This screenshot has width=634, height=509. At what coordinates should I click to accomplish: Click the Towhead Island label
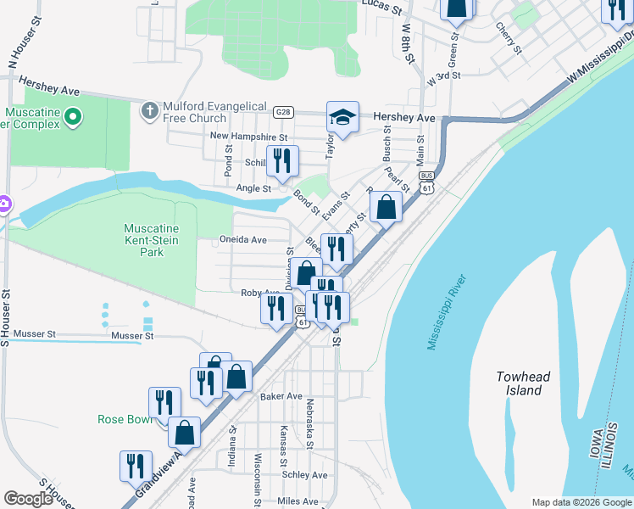point(519,383)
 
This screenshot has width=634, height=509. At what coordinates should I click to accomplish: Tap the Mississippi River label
point(448,311)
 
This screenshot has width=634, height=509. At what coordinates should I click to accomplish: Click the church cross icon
point(150,110)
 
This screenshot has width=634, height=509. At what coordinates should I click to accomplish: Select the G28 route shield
point(284,112)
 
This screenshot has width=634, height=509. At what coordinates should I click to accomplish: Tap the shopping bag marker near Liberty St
point(386,207)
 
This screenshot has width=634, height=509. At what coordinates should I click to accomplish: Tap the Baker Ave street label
point(281,396)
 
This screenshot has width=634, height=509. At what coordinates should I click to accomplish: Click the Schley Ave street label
point(306,475)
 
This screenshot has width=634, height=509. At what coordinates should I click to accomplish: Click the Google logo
point(29,499)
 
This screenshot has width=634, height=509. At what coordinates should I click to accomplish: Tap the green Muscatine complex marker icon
point(73,116)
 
